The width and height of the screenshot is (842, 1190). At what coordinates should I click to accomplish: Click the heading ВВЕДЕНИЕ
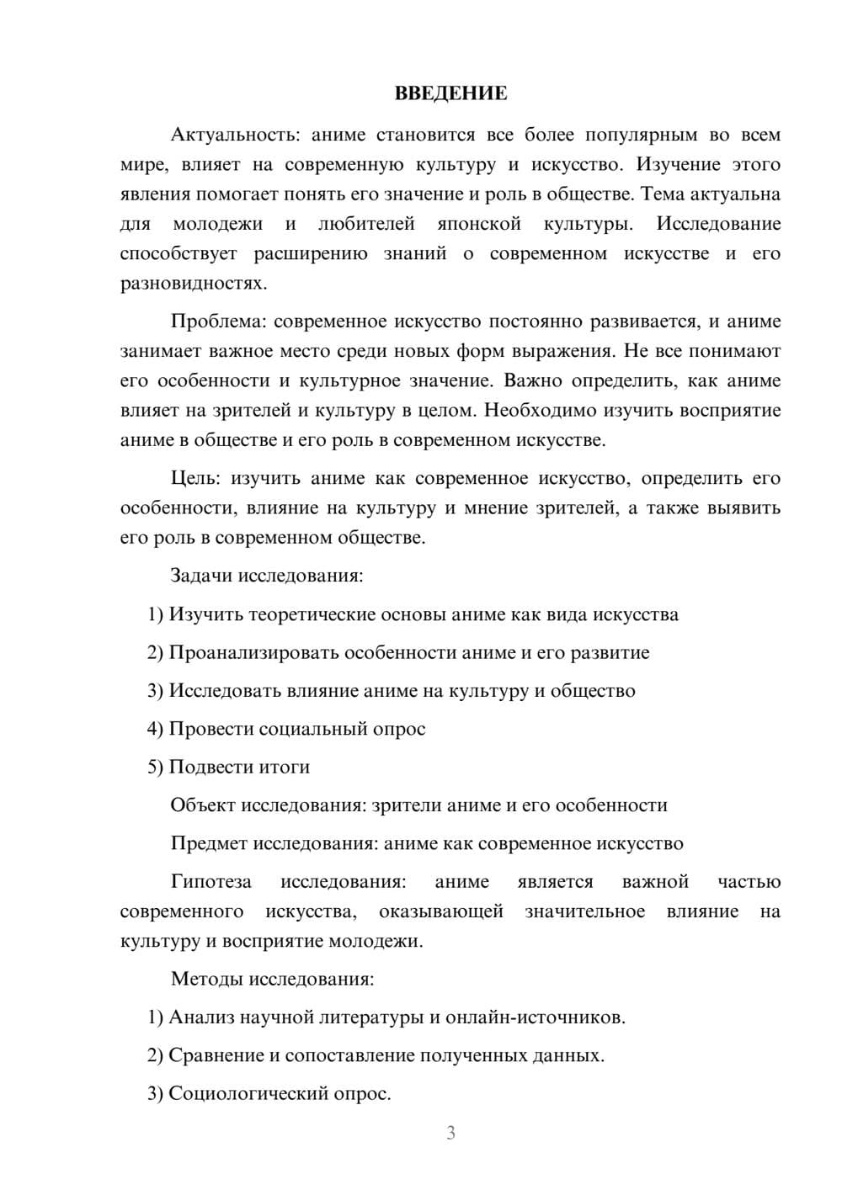pyautogui.click(x=450, y=93)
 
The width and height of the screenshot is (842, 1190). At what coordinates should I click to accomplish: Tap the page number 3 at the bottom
pyautogui.click(x=450, y=1133)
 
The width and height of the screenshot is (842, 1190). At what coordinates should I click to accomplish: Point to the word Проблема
pyautogui.click(x=219, y=321)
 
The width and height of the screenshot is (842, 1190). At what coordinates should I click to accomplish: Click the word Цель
pyautogui.click(x=195, y=478)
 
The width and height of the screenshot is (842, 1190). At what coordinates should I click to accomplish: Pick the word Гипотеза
pyautogui.click(x=210, y=881)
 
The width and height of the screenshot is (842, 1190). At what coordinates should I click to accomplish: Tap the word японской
pyautogui.click(x=479, y=224)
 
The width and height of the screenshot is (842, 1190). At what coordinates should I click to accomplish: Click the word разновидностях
pyautogui.click(x=193, y=283)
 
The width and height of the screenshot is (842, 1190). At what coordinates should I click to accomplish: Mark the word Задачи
pyautogui.click(x=201, y=576)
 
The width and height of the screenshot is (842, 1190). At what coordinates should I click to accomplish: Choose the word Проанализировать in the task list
pyautogui.click(x=253, y=652)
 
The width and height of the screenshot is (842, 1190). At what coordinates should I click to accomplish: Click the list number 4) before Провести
pyautogui.click(x=155, y=729)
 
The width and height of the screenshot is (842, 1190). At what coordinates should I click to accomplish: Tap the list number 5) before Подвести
pyautogui.click(x=155, y=767)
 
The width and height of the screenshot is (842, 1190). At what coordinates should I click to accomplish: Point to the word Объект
pyautogui.click(x=203, y=805)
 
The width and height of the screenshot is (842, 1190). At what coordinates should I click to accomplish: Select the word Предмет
pyautogui.click(x=209, y=843)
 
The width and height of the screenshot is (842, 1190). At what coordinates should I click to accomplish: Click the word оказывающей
pyautogui.click(x=441, y=911)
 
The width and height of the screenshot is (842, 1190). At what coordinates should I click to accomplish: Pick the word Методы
pyautogui.click(x=202, y=979)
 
